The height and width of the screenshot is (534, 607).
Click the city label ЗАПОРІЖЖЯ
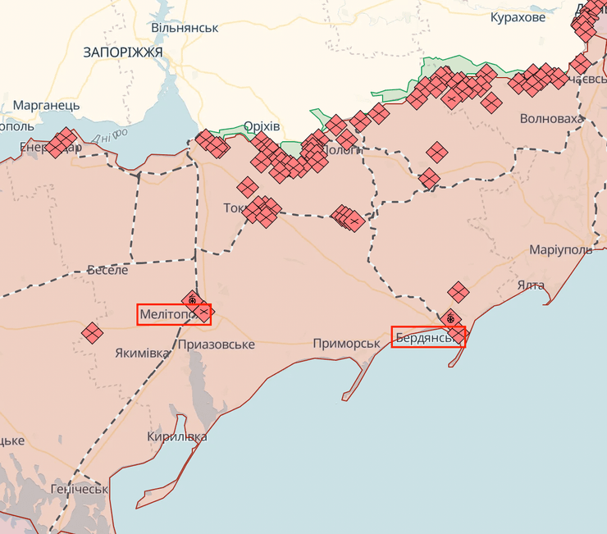coord(123,52)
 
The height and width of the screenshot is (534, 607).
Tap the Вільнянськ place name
coord(185,27)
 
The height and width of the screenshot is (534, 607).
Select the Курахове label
coord(517,17)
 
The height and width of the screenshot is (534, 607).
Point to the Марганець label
coord(46,106)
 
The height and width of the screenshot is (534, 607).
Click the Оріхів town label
coord(262,126)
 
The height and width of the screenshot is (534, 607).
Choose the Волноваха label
coord(552,119)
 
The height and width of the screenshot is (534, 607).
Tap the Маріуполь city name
coord(560,249)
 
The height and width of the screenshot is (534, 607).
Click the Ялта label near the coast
coord(531,285)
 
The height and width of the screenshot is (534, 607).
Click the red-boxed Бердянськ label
coord(428,337)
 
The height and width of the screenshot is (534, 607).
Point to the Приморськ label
coord(346,344)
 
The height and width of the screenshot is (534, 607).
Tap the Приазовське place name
coord(216,345)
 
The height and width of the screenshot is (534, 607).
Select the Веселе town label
coord(107,270)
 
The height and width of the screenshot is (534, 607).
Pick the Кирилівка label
coord(176,437)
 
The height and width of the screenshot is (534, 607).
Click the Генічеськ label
coord(79,489)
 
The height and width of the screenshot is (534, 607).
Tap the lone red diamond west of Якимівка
coord(92,332)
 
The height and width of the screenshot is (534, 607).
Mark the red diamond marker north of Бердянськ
coord(458,291)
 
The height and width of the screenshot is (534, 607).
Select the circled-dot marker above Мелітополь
coord(192,300)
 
